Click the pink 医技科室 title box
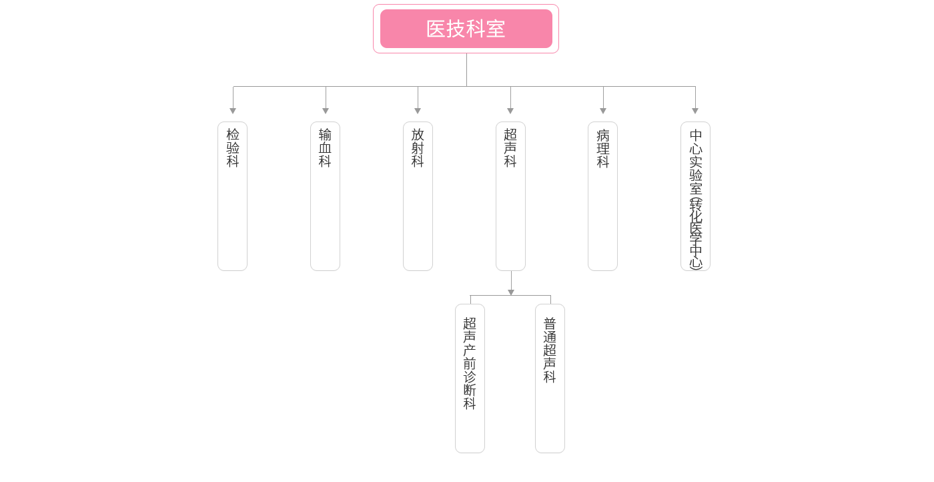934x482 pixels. point(465,29)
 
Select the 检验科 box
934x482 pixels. point(232,196)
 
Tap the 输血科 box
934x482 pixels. point(325,196)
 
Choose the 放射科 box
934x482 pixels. point(418,196)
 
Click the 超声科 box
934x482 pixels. point(510,196)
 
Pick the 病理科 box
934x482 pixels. point(602,196)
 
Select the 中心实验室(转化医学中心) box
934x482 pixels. point(695,196)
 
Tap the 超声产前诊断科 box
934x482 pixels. point(470,379)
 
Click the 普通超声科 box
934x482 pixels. point(550,379)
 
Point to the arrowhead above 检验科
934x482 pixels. point(233,110)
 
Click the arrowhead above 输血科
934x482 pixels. point(326,110)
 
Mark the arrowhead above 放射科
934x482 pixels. point(418,110)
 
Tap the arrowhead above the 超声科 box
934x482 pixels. point(510,110)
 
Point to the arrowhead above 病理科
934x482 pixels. point(603,110)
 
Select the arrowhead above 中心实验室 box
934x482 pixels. point(695,110)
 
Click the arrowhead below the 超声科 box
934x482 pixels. point(511,291)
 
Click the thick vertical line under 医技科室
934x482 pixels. point(466,69)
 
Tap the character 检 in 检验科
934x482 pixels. point(232,134)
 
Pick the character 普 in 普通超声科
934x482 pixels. point(550,323)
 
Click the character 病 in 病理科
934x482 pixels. point(602,134)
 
